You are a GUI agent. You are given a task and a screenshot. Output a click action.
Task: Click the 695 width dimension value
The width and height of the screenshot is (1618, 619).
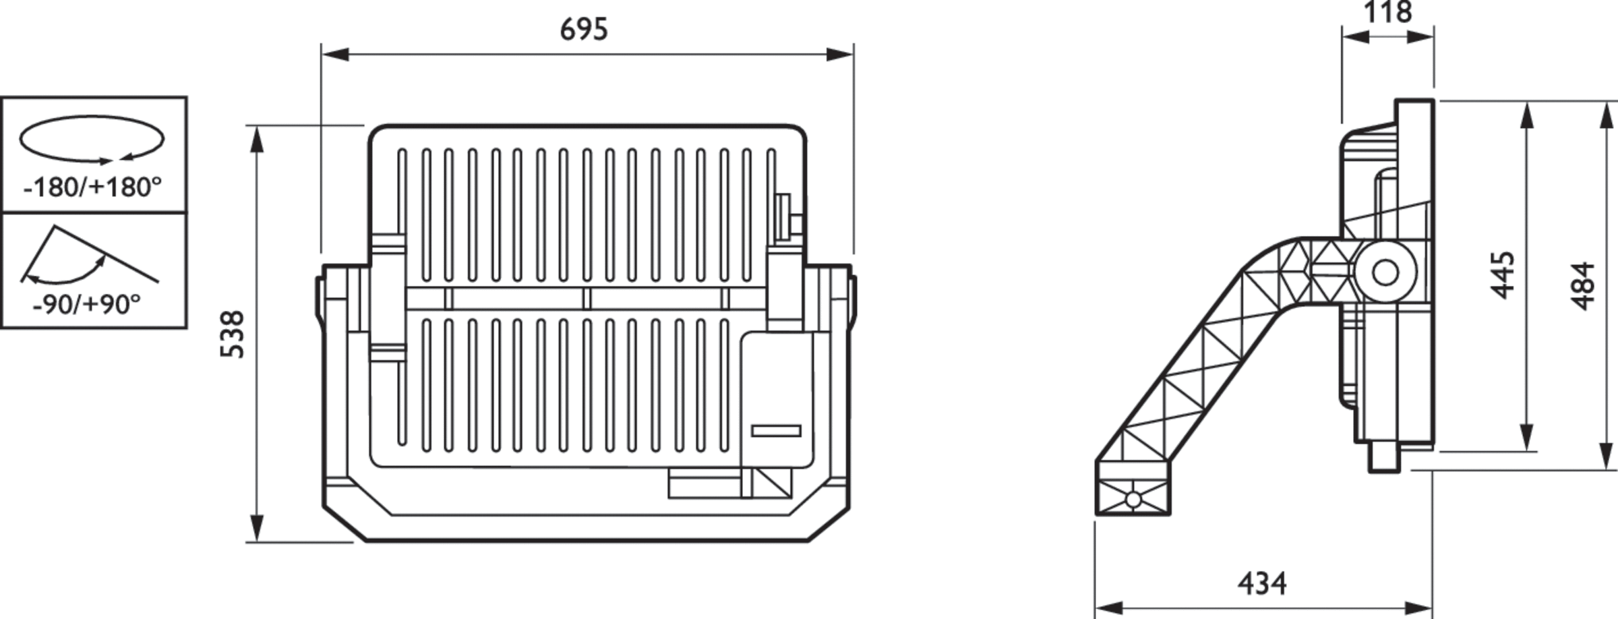[584, 30]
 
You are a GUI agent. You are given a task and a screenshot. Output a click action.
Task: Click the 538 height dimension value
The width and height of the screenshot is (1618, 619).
[233, 334]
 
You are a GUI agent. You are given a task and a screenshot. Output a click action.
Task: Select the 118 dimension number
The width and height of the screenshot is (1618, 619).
[1387, 12]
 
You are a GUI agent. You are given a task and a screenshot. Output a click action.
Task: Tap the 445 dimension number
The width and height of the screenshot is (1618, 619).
[1503, 274]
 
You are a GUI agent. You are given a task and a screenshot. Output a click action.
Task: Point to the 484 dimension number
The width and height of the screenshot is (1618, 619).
[1584, 286]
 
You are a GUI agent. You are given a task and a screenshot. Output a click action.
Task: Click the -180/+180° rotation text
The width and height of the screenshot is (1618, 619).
[93, 187]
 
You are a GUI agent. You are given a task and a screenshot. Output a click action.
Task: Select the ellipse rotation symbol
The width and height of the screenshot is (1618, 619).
[92, 139]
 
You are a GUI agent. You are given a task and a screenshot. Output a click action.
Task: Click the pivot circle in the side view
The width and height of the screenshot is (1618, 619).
[1385, 273]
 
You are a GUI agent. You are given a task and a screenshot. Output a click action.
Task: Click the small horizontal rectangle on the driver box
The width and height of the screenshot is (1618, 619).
[776, 431]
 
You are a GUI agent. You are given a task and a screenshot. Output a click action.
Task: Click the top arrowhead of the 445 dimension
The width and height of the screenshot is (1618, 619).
[1528, 115]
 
